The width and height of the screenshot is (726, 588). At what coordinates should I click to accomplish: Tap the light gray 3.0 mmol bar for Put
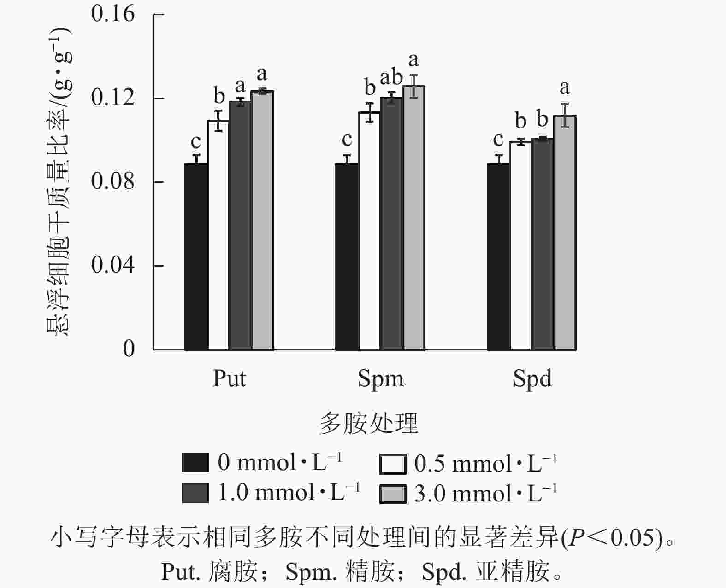[263, 221]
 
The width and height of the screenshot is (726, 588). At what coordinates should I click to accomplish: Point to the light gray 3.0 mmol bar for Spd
[565, 233]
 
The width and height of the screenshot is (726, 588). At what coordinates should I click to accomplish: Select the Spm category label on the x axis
[381, 379]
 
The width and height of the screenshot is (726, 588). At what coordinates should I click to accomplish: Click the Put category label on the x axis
[229, 379]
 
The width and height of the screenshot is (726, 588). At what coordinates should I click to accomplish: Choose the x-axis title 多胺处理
[368, 423]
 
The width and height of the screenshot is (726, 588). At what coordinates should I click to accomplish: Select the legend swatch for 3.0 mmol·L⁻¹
[393, 494]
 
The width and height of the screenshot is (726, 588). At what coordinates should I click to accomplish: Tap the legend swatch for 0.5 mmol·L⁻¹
[393, 464]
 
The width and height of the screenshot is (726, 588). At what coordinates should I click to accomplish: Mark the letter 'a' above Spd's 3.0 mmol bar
[564, 87]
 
